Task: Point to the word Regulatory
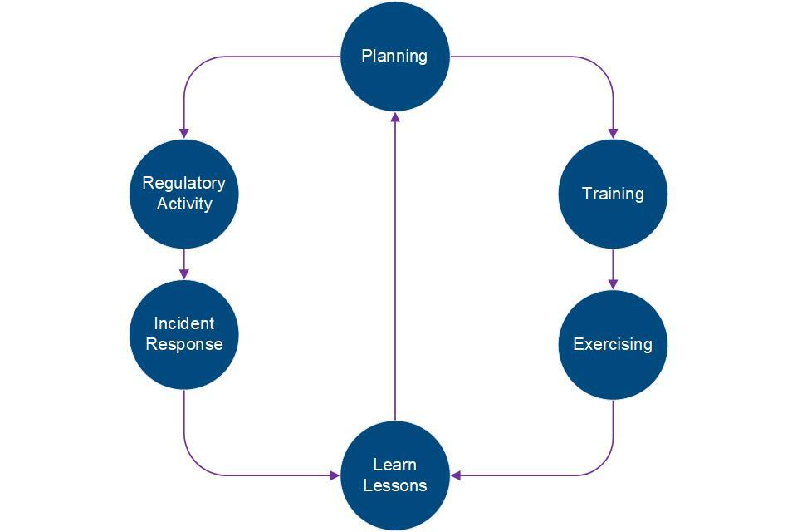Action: click(183, 184)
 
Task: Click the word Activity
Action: click(184, 204)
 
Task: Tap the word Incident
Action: click(183, 323)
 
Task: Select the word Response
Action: click(184, 343)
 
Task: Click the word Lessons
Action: click(395, 485)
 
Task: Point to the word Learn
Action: click(395, 465)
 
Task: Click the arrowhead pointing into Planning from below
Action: click(395, 118)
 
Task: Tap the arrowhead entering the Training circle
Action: click(613, 133)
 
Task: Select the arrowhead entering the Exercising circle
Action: click(613, 284)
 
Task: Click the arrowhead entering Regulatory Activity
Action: click(184, 133)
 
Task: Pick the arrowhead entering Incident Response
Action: click(184, 274)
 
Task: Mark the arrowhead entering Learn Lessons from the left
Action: click(335, 475)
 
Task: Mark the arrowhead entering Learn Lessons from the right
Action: click(456, 475)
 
